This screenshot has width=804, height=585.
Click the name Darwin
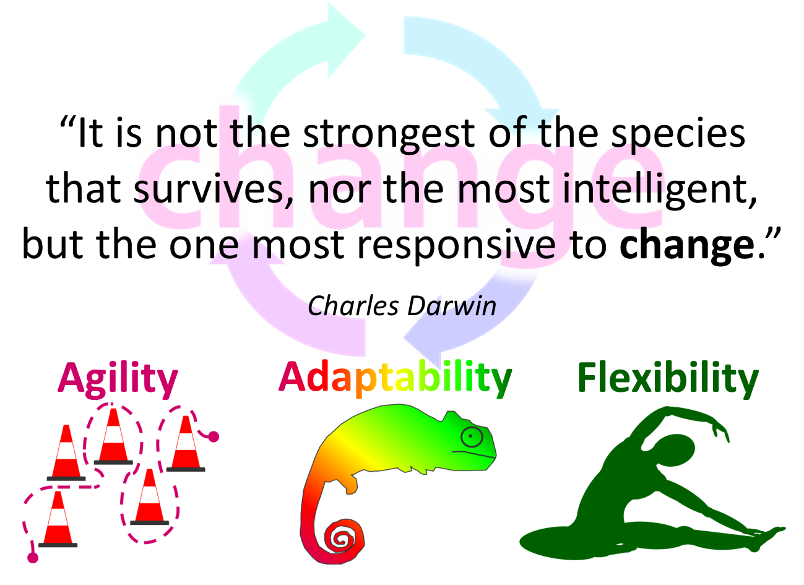point(452,306)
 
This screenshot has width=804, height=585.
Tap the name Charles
point(353,306)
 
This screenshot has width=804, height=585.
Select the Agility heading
point(118,379)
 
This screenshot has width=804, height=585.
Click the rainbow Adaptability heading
point(395,379)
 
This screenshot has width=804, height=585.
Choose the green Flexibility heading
point(668,379)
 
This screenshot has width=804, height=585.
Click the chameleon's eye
point(472,437)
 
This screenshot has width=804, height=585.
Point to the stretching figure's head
point(675,450)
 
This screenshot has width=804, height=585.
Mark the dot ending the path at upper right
point(214,437)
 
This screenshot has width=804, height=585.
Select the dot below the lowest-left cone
point(33,558)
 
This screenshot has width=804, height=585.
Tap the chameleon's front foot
point(351,487)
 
